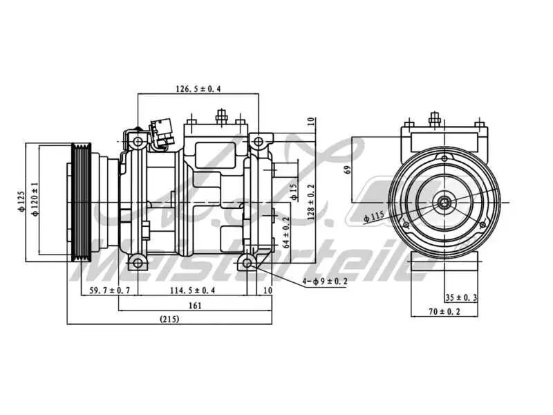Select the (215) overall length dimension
(170, 319)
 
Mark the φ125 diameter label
(21, 201)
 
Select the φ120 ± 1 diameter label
(34, 201)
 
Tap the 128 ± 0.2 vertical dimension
(311, 201)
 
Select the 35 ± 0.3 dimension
(462, 297)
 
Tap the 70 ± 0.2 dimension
(444, 312)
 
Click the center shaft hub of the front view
(442, 203)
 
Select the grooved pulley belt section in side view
(82, 202)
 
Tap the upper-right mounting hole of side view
(258, 142)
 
